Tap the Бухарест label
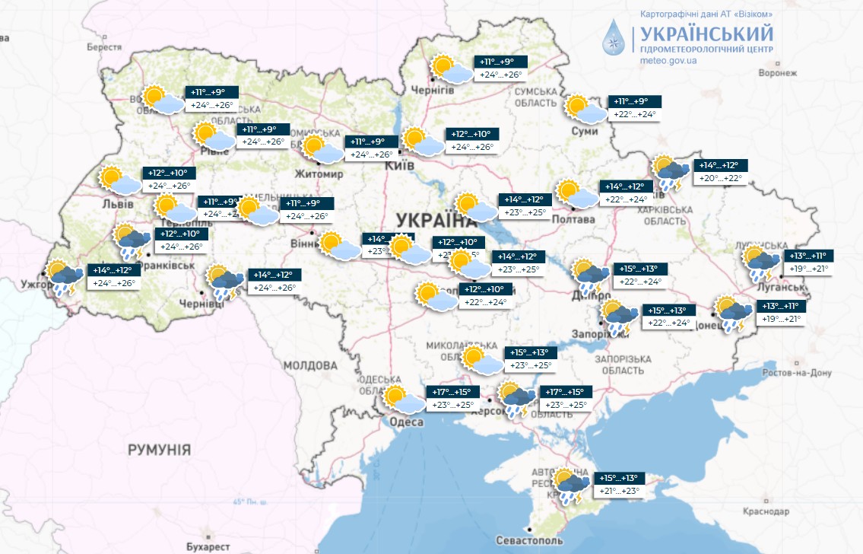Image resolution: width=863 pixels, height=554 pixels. click(x=208, y=546)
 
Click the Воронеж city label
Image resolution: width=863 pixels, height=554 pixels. click(x=777, y=74)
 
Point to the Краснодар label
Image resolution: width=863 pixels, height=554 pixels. click(x=790, y=511)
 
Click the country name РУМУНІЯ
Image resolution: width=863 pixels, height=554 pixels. click(x=159, y=450)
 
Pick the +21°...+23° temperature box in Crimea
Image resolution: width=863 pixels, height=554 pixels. click(x=620, y=491)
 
